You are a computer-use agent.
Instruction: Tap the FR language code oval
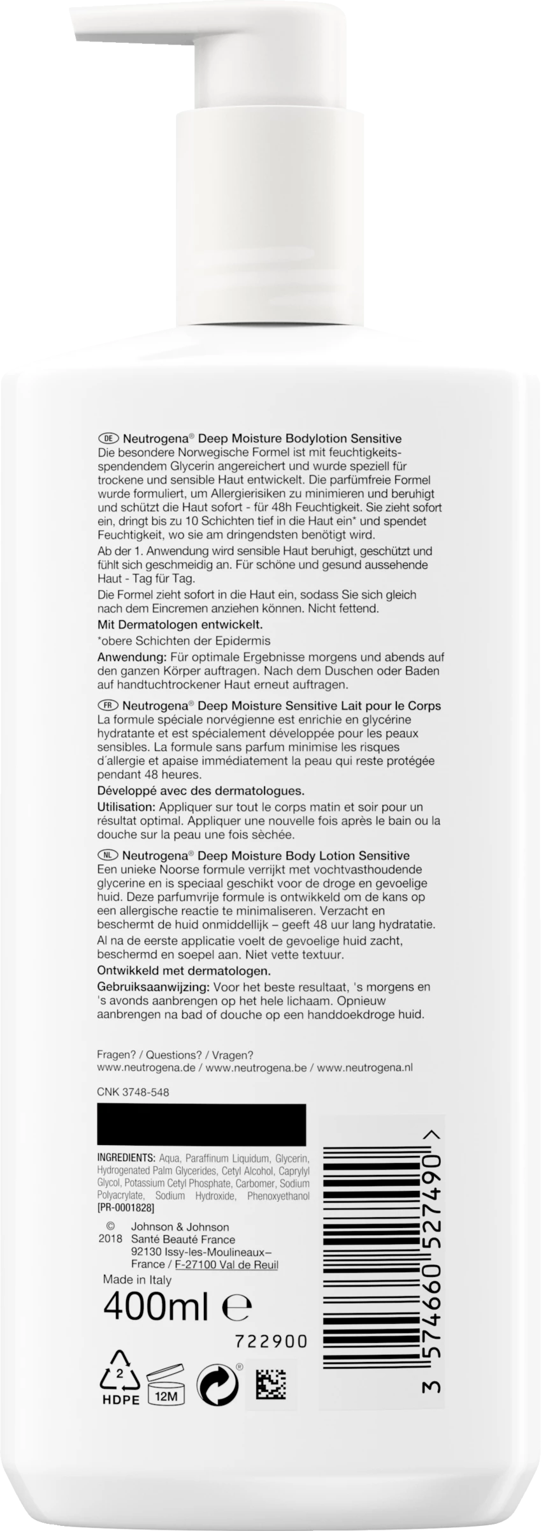point(108,706)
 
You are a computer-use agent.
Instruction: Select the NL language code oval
point(108,855)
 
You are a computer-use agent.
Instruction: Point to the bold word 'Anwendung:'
point(127,657)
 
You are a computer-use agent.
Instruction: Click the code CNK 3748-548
point(133,1092)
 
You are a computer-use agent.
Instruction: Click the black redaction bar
point(201,1125)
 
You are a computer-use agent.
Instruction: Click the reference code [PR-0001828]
point(126,1208)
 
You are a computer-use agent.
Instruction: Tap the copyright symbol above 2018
point(110,1227)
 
